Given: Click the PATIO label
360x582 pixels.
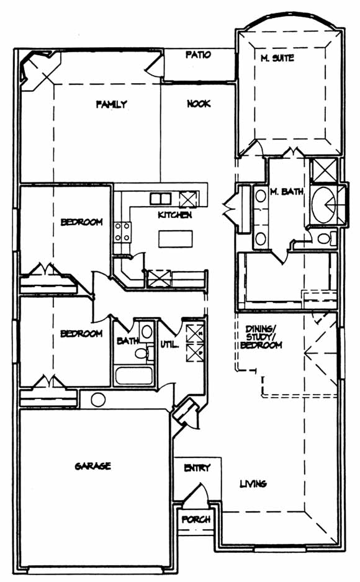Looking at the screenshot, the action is tap(198, 55).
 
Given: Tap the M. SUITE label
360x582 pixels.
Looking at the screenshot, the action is tap(277, 58).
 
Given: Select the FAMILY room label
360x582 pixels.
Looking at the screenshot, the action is tap(111, 104).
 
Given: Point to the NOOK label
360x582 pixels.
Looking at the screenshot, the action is tap(199, 104).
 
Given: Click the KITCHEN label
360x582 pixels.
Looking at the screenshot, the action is tap(175, 215).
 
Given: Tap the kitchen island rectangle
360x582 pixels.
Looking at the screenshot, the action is tap(176, 239).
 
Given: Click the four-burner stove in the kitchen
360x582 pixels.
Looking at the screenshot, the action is tap(122, 231).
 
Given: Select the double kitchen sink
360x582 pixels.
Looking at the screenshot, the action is tap(160, 199).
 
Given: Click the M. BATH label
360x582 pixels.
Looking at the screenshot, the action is tap(287, 192).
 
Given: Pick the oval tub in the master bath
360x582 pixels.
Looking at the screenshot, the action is tap(323, 204).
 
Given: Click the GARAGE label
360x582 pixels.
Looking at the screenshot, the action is tap(92, 466).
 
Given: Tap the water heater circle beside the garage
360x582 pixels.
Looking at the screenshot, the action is tap(98, 400).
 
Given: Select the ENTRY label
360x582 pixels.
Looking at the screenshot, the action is tap(197, 468).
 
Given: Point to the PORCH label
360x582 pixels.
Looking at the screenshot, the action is tap(196, 519).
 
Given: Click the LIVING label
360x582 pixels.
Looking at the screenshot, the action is tap(253, 483).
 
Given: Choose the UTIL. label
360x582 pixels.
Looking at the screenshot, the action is tap(169, 344).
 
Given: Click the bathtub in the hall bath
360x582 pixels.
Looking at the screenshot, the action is tap(134, 375).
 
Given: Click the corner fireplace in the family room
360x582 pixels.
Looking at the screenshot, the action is tap(37, 71).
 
